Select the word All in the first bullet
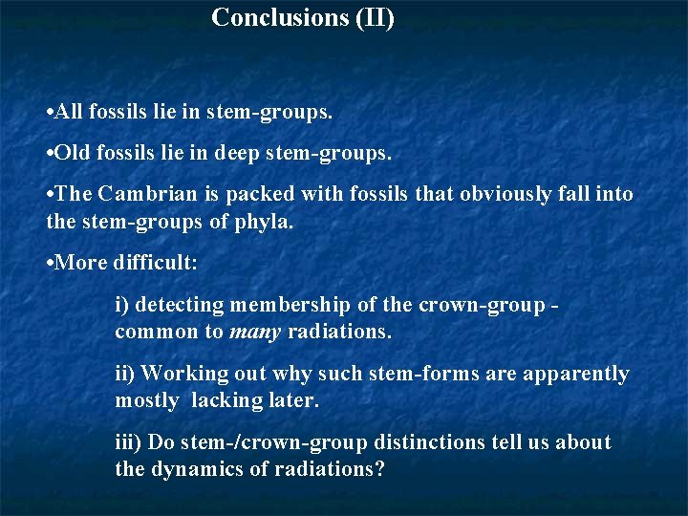tap(70, 113)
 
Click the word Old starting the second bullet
tap(72, 153)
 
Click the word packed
tap(262, 194)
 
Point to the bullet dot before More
tap(50, 263)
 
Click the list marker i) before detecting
tap(122, 305)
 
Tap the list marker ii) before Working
tap(125, 374)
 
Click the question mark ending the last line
tap(379, 470)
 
